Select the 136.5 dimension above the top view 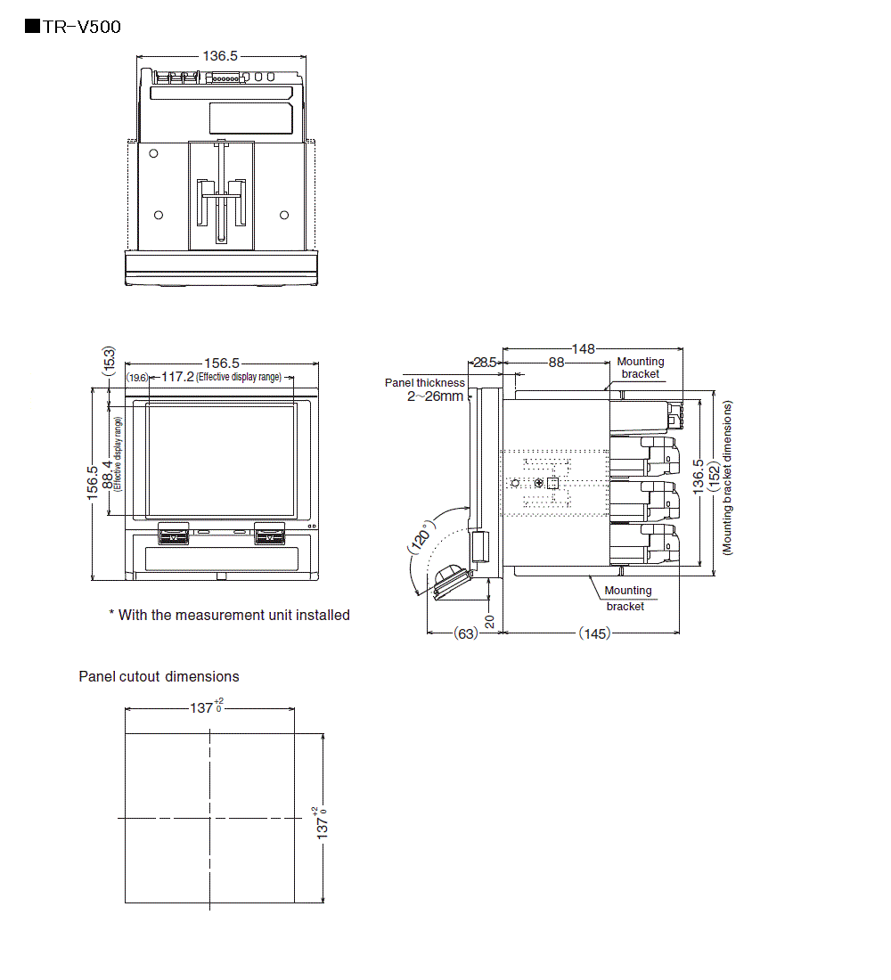220,55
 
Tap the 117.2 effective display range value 177,377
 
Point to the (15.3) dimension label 109,361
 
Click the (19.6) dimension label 137,378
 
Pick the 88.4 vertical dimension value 108,475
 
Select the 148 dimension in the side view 584,348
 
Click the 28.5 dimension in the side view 485,363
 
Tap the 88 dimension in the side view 557,363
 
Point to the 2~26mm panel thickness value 435,396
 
